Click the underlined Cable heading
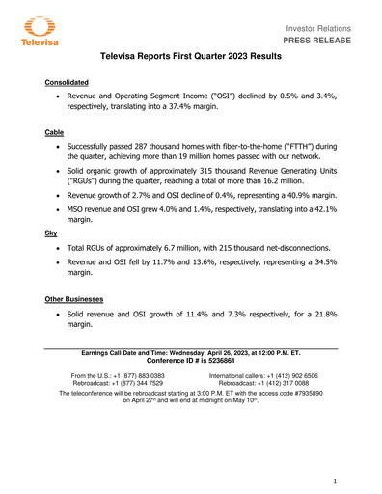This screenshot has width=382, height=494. tap(55, 132)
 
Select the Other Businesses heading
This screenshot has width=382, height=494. tap(79, 300)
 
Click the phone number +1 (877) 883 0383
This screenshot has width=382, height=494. tap(134, 375)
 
